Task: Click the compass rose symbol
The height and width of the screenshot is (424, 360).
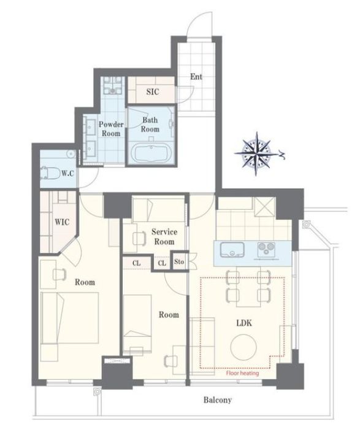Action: click(x=256, y=154)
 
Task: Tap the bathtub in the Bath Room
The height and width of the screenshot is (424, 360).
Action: click(x=151, y=153)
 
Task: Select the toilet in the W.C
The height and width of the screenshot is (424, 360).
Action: click(x=50, y=173)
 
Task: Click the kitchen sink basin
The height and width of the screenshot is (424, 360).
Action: click(x=232, y=250)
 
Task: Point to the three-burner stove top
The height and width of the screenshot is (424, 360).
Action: click(x=267, y=249)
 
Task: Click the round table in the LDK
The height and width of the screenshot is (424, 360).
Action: click(x=243, y=347)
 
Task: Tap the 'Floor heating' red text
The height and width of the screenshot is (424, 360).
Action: click(x=242, y=373)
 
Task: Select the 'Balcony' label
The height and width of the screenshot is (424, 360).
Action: click(x=218, y=400)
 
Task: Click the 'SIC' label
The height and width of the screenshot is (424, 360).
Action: click(x=153, y=91)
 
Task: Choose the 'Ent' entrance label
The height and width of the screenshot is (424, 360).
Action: click(x=196, y=77)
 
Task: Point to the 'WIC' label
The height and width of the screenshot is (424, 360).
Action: click(x=62, y=222)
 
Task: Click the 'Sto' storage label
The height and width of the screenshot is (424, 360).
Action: click(x=179, y=261)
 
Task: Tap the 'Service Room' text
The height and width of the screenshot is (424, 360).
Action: click(x=164, y=237)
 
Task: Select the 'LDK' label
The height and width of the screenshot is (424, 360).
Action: click(x=244, y=323)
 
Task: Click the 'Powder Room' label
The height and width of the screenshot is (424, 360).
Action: click(x=111, y=129)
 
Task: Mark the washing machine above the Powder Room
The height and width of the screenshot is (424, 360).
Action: click(x=113, y=85)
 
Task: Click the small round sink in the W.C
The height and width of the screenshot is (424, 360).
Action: click(x=71, y=154)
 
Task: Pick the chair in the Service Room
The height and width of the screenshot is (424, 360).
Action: click(x=139, y=238)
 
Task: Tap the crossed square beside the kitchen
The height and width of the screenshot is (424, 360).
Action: click(x=265, y=207)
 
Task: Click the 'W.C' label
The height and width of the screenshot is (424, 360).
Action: click(x=67, y=173)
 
